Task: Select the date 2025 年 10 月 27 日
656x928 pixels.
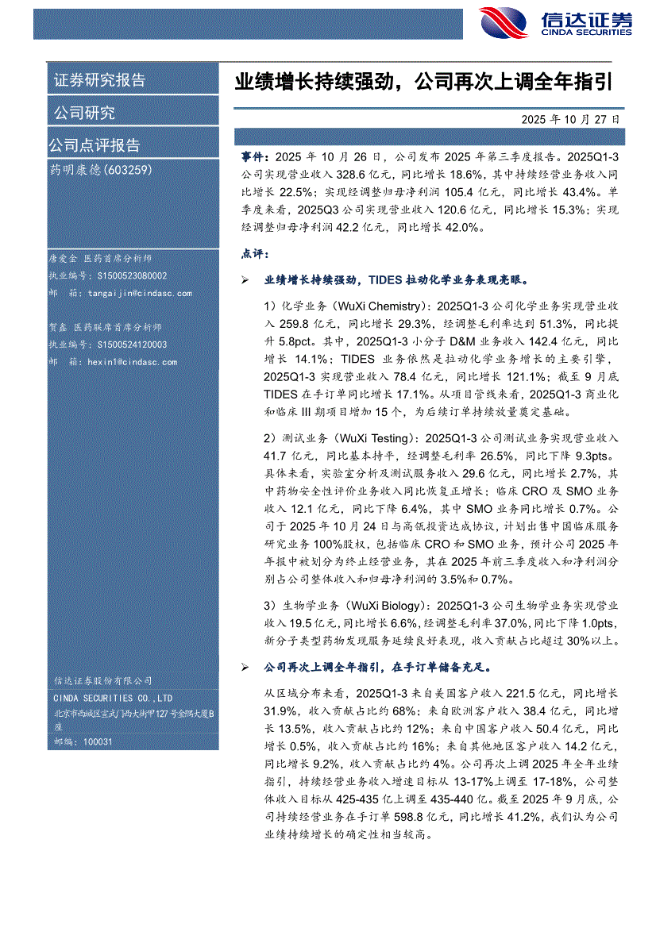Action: [570, 119]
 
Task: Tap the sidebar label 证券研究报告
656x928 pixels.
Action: [99, 80]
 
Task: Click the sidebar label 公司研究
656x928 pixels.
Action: [84, 113]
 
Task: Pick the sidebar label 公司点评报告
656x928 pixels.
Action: [95, 145]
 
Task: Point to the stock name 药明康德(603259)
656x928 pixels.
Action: [100, 169]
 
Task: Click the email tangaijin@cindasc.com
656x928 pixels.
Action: [140, 293]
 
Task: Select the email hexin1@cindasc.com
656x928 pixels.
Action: [133, 362]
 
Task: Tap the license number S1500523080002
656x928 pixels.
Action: [132, 276]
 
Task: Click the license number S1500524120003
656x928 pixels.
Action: [132, 345]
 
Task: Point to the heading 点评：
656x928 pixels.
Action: [255, 255]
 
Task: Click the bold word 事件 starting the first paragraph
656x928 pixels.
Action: [255, 158]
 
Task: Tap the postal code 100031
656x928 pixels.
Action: [95, 741]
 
